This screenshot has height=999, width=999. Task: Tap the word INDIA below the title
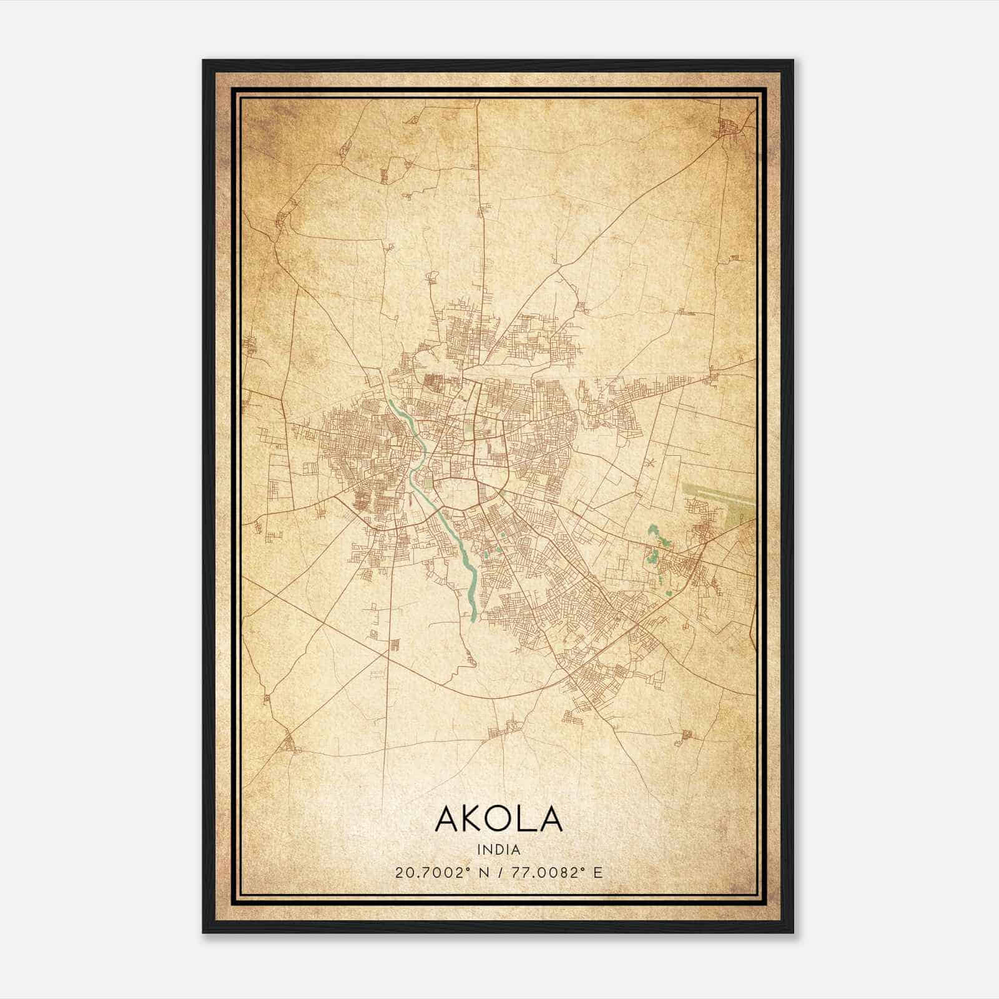(x=498, y=850)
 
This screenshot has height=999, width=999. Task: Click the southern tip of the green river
(x=473, y=619)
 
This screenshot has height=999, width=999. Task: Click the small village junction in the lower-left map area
(x=289, y=743)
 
